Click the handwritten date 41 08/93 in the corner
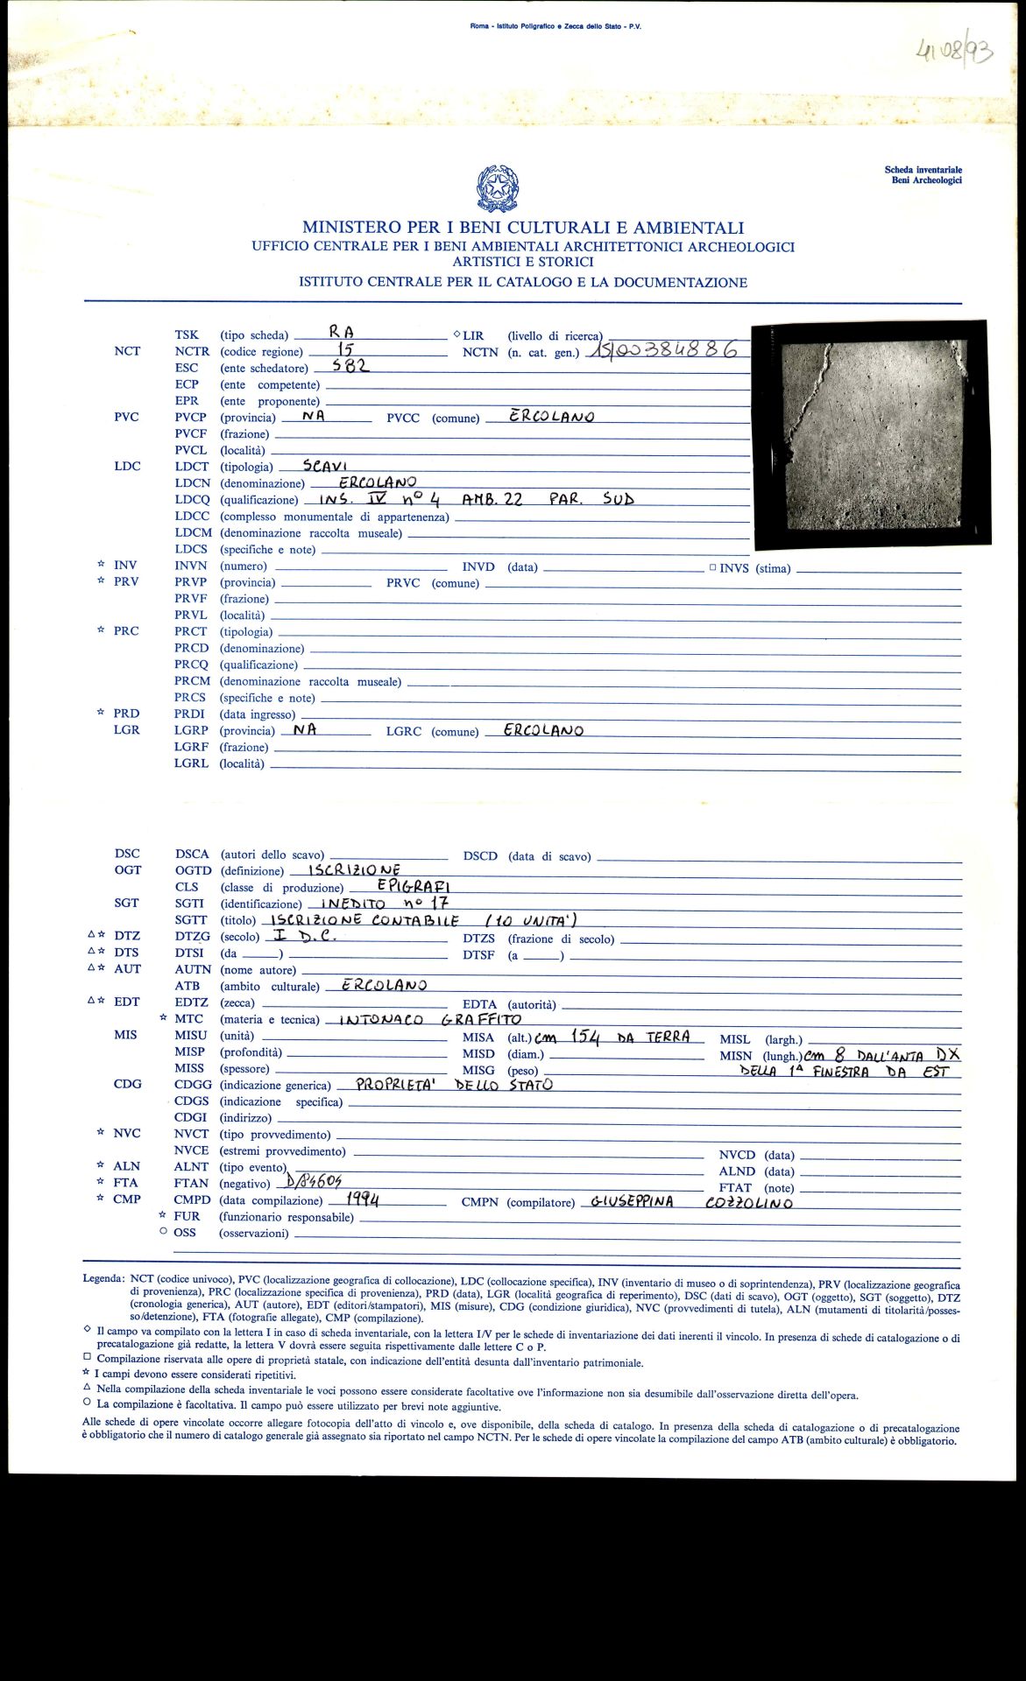pos(953,51)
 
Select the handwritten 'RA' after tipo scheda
pos(340,332)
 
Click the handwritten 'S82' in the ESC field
pos(351,366)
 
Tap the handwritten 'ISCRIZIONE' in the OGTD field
pos(354,869)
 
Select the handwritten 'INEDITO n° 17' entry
pos(385,903)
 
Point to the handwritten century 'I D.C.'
pos(304,935)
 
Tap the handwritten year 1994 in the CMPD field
pos(362,1199)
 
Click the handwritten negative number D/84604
pos(314,1181)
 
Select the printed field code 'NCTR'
pos(192,351)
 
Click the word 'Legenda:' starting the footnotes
pos(103,1278)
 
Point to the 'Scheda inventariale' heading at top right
pos(923,170)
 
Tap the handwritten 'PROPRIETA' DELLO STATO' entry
pos(454,1085)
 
